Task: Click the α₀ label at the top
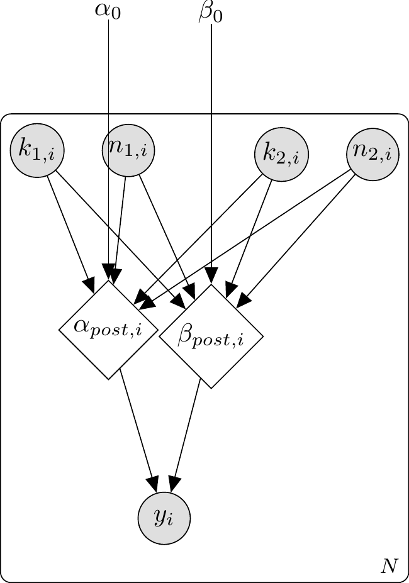point(108,12)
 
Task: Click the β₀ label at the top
point(210,12)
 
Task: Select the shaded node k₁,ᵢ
point(36,150)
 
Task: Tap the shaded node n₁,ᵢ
point(128,150)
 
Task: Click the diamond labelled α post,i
point(108,330)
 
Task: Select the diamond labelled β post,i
point(211,336)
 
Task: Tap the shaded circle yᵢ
point(164,518)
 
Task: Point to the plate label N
point(389,567)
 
